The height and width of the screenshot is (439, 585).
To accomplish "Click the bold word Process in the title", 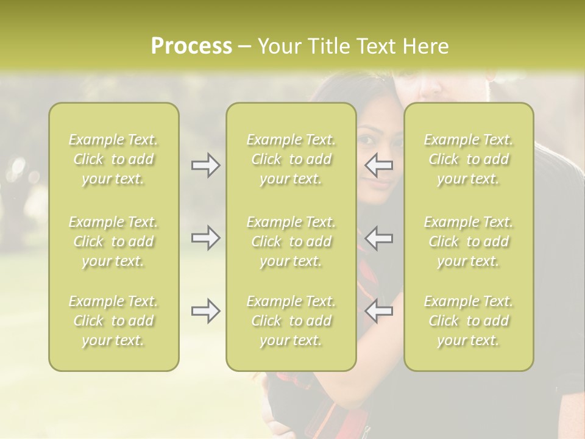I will [191, 46].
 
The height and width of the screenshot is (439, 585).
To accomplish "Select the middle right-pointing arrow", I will [205, 238].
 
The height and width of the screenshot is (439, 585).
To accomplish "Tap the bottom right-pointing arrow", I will [205, 312].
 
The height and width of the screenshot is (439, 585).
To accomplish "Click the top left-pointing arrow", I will [379, 165].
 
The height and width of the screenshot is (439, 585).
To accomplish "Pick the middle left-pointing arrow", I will [379, 238].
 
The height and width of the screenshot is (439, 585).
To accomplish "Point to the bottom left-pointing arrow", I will [379, 311].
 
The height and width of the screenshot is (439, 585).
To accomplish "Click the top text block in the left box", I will [113, 159].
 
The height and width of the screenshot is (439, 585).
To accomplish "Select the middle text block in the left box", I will [113, 241].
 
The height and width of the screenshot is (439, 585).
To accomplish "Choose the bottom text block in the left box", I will [113, 321].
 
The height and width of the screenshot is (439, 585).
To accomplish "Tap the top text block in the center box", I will [291, 159].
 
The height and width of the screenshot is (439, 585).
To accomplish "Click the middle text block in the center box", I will [291, 241].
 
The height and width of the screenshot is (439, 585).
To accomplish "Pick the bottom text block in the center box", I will [291, 321].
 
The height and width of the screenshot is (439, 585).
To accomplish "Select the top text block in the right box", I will [469, 159].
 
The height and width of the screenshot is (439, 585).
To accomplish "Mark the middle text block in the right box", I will [469, 241].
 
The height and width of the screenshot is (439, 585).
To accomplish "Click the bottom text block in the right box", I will [469, 321].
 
